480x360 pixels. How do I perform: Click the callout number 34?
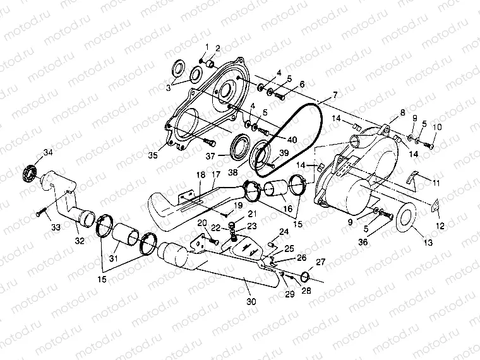point(47,152)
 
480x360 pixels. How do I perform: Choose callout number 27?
point(320,261)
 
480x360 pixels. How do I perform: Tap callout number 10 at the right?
point(436,127)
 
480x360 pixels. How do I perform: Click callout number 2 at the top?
point(218,49)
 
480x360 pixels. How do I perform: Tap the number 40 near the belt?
point(291,140)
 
